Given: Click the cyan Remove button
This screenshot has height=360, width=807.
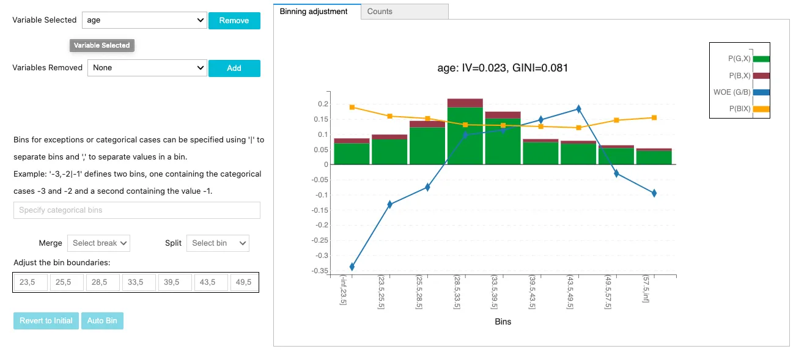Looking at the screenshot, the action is tap(234, 21).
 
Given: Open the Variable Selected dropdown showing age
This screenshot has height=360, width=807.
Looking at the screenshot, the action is tap(144, 20).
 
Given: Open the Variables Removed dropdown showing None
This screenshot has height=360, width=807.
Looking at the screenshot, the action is tap(147, 68).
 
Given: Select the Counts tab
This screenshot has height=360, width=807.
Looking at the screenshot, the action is tap(405, 12).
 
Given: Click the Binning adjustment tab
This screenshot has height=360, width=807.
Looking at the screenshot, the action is tap(314, 12).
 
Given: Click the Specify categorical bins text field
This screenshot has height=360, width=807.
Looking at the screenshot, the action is tap(137, 210).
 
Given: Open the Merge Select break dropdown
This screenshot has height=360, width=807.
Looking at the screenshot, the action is tap(98, 243).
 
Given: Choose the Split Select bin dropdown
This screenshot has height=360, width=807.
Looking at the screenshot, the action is tap(218, 243).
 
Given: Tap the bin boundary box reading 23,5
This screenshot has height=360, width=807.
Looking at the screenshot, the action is tap(31, 282).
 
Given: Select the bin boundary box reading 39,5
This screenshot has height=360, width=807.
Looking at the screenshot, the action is tap(175, 282).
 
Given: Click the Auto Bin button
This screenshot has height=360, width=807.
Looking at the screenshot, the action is tap(102, 321).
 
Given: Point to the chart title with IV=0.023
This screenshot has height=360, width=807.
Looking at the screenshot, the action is tap(503, 68).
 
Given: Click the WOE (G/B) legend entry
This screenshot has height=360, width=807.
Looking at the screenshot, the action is tap(742, 92).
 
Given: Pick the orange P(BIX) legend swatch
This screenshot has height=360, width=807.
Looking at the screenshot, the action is tap(761, 109).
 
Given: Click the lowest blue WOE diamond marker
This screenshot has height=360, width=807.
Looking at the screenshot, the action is tap(352, 266).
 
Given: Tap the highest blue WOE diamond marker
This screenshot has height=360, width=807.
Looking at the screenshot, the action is tap(578, 109).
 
